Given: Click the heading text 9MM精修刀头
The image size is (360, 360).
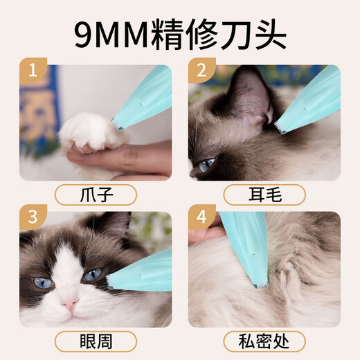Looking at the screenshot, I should coord(179,32).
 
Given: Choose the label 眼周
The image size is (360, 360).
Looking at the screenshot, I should coord(95,341).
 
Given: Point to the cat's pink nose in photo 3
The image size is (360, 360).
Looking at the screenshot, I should coord(69,304).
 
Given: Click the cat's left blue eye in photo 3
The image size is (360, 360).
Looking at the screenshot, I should coord(43,282).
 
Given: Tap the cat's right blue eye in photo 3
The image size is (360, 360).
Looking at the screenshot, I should coord(92,275).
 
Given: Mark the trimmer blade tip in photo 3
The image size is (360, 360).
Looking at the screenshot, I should coord(110,281).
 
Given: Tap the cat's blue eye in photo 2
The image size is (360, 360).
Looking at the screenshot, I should coord(206,165).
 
